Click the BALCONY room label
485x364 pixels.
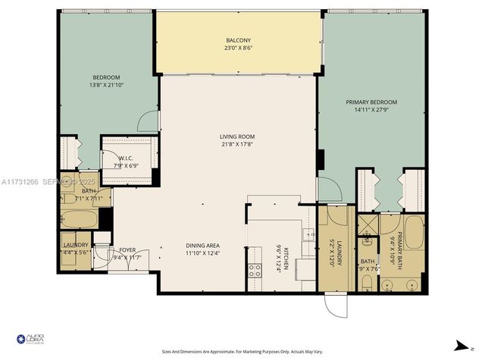tap(238, 40)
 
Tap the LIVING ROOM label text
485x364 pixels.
tap(237, 136)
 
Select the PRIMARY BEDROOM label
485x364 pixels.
tap(371, 102)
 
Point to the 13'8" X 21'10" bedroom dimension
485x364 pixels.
tap(106, 85)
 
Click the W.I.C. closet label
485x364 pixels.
tap(125, 158)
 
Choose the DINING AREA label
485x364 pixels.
tap(202, 245)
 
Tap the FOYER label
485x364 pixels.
tap(127, 249)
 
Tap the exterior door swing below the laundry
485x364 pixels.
tap(335, 305)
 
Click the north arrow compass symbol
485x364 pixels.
tap(459, 346)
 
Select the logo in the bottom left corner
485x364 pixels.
tap(30, 340)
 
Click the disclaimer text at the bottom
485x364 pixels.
tap(242, 351)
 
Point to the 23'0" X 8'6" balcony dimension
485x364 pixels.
tap(238, 49)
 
